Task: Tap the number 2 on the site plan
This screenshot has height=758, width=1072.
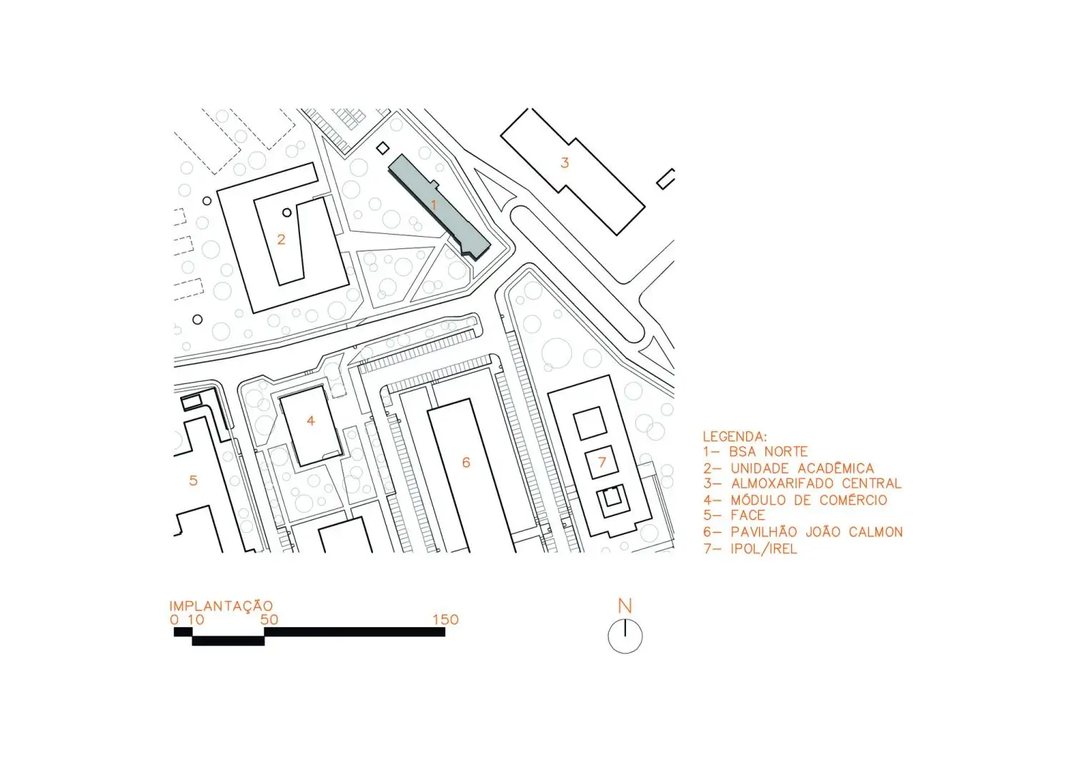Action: pos(282,240)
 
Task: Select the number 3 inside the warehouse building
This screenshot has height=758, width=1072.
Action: pos(565,163)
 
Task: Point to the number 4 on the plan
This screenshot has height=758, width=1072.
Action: pos(311,421)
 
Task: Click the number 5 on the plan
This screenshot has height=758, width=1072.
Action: pos(194,481)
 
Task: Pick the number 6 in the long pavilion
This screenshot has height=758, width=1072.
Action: pos(466,462)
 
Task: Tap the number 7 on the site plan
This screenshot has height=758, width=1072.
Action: pos(602,462)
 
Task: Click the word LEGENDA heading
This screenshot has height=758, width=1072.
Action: pos(735,437)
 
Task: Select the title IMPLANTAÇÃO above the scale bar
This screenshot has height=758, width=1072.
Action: pos(221,606)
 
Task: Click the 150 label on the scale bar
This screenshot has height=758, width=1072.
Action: pos(445,619)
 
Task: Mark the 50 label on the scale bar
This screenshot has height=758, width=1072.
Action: pos(269,619)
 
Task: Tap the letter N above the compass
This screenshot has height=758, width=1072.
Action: pos(625,606)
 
